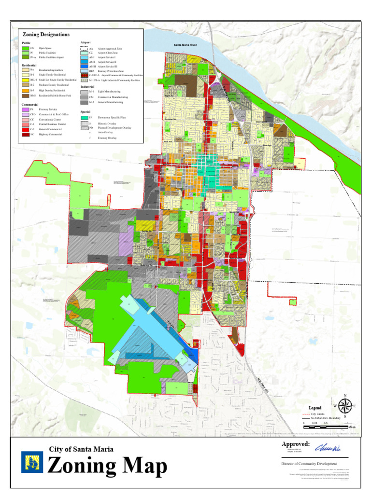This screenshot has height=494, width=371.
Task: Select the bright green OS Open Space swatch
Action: (25, 49)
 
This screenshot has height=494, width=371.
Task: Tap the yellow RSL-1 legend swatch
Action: (25, 80)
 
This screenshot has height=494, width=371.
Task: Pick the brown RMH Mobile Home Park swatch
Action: (25, 96)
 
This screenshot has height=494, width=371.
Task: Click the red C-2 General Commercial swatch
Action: (25, 129)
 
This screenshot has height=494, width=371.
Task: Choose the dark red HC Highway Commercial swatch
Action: (25, 135)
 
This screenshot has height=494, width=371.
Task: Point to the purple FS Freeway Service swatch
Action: (25, 110)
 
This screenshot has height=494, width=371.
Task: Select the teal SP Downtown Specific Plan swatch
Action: (85, 118)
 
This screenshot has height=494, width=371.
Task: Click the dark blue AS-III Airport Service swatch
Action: (85, 67)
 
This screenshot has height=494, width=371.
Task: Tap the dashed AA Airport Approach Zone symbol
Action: (85, 49)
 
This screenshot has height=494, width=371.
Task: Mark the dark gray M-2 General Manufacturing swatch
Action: (85, 102)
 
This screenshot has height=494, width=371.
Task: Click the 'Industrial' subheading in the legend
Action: (87, 86)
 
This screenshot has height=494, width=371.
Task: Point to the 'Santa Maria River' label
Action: (185, 45)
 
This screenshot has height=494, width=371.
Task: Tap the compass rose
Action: (345, 405)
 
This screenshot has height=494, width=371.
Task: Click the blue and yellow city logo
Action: (32, 462)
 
